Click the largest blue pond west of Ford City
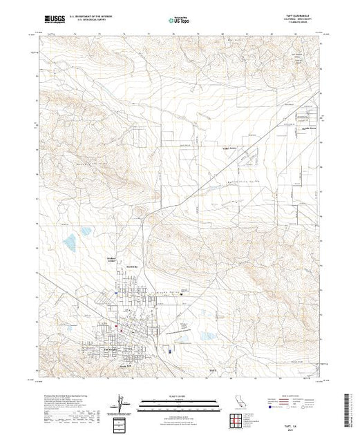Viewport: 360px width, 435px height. (70, 242)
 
